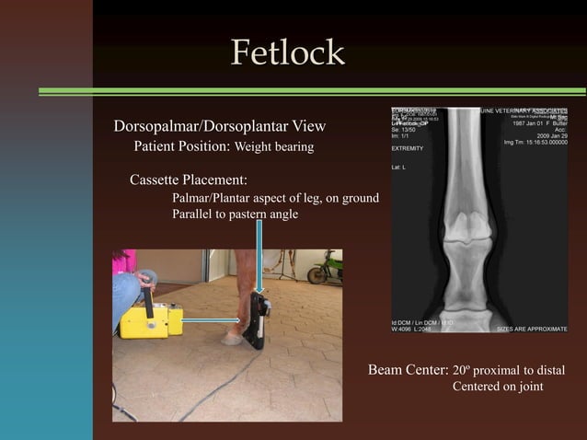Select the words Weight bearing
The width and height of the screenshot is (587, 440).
click(274, 146)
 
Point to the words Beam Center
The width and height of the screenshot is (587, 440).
click(408, 370)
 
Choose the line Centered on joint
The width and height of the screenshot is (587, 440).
click(497, 387)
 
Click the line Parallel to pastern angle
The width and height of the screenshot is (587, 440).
click(235, 214)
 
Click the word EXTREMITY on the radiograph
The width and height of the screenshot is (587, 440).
click(408, 148)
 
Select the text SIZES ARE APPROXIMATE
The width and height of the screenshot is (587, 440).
click(532, 328)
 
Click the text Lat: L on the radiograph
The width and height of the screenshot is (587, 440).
click(399, 168)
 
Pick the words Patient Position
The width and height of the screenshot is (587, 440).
click(182, 146)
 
